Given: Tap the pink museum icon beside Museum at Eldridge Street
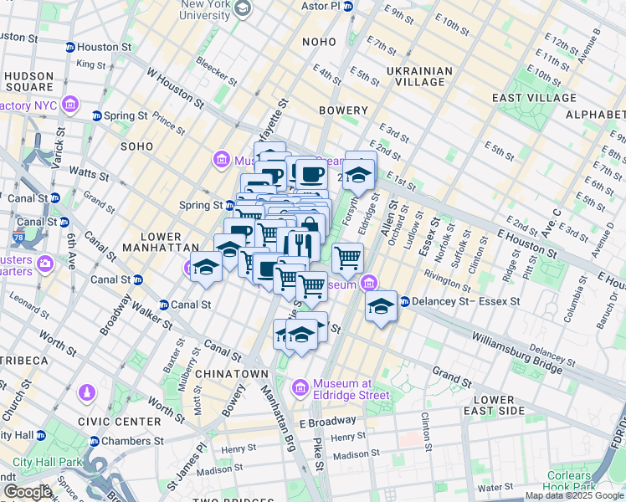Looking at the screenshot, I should pyautogui.click(x=300, y=388).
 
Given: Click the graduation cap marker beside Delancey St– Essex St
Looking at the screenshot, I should pyautogui.click(x=381, y=305).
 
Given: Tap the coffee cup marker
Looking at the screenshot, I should pyautogui.click(x=312, y=174).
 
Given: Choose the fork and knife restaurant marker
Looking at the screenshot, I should pyautogui.click(x=299, y=244).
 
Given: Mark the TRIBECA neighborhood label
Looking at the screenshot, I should pyautogui.click(x=22, y=360).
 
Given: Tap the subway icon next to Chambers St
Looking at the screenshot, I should pyautogui.click(x=94, y=442).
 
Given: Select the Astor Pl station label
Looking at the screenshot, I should pyautogui.click(x=322, y=6).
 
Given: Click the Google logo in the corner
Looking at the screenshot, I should pyautogui.click(x=28, y=492).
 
